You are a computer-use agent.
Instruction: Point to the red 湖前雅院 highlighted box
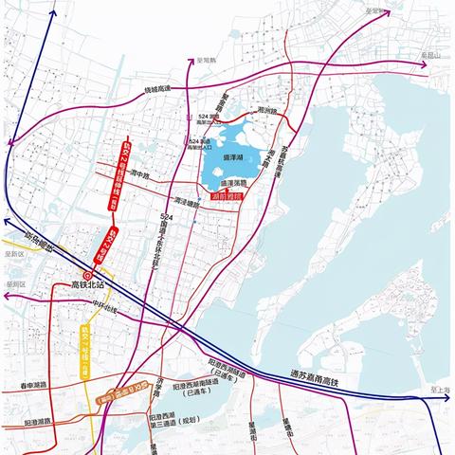[228, 196]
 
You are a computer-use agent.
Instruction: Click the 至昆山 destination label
[432, 56]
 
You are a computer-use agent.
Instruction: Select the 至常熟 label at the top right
[376, 12]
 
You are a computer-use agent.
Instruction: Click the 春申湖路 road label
[32, 386]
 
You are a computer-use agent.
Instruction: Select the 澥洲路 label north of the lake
[267, 111]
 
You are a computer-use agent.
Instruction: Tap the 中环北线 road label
[111, 308]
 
